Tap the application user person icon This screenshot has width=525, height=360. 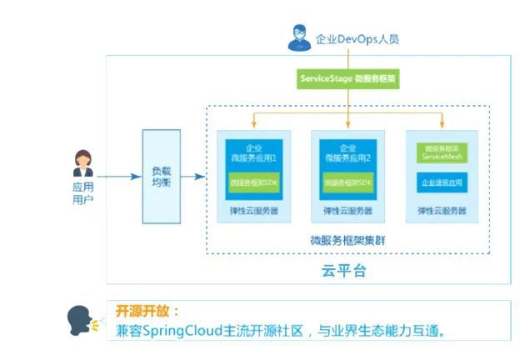click(x=83, y=162)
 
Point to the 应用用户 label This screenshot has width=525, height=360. click(x=83, y=193)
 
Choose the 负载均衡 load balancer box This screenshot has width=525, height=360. click(x=161, y=176)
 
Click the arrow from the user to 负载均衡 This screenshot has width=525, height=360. click(x=121, y=176)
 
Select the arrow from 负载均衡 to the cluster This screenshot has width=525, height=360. click(x=192, y=176)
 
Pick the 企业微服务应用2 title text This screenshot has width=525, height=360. click(x=347, y=152)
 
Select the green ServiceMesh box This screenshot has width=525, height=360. click(x=440, y=153)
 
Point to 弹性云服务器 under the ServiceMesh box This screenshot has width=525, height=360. click(x=440, y=211)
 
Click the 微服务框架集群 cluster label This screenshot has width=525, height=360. click(x=347, y=242)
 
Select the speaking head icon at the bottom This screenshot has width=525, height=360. click(x=81, y=322)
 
